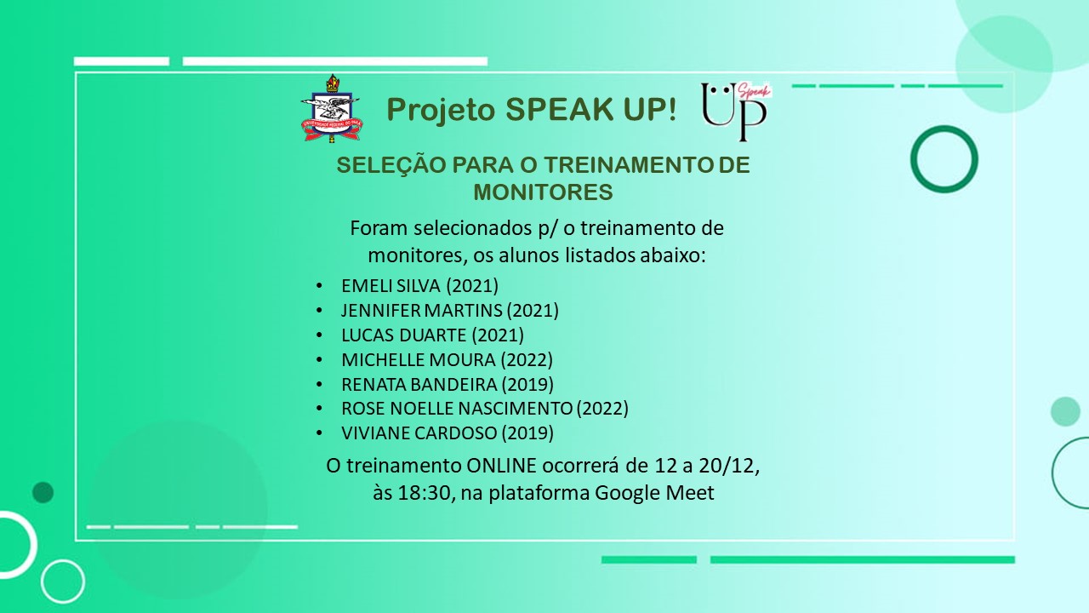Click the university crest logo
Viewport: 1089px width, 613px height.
tap(332, 108)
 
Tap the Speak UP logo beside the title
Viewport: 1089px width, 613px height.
tap(736, 112)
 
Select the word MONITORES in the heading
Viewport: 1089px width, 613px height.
tap(543, 192)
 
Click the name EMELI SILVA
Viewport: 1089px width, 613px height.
tap(391, 285)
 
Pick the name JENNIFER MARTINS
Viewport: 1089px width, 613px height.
tap(421, 311)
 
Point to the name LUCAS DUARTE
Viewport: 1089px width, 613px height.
tap(404, 335)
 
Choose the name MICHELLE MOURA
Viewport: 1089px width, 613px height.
tap(418, 360)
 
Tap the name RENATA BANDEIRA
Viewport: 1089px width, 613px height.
tap(419, 384)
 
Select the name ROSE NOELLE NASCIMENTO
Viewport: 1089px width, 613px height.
tap(457, 409)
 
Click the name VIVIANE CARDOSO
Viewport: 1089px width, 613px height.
tap(419, 433)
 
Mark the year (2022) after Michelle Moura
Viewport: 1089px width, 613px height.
tap(527, 360)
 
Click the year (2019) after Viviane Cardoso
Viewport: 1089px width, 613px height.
tap(527, 433)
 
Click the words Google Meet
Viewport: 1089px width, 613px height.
tap(654, 493)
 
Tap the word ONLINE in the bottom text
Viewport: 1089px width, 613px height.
tap(501, 466)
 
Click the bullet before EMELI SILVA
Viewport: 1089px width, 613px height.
tap(319, 285)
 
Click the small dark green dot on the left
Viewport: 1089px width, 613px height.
tap(43, 492)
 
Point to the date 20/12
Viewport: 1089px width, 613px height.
tap(729, 466)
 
